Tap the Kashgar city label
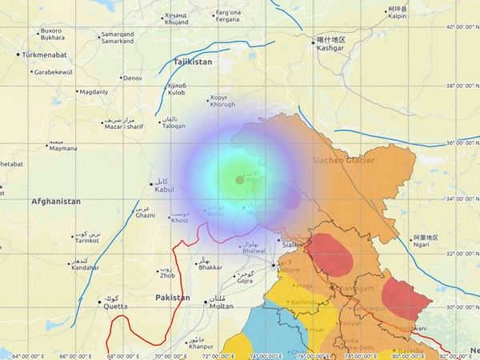point(330,48)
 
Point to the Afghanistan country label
point(56,202)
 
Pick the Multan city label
point(220,306)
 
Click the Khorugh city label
point(222,104)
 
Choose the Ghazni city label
point(145,215)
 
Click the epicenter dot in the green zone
point(239,180)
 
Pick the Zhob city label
point(166,275)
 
